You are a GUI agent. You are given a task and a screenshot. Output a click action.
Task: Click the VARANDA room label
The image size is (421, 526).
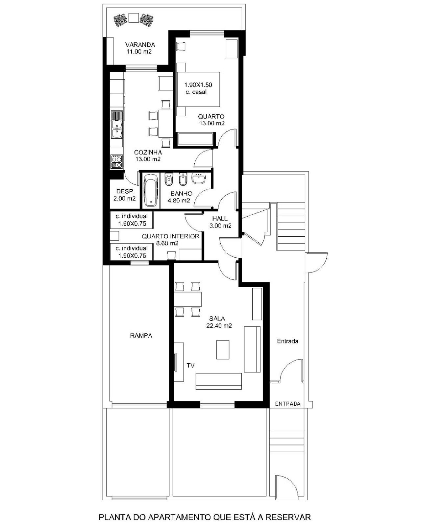pyautogui.click(x=140, y=45)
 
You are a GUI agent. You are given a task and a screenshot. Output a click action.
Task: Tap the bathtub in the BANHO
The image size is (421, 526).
pyautogui.click(x=151, y=190)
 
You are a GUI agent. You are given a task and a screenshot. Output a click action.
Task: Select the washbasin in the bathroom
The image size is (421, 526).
pyautogui.click(x=198, y=179)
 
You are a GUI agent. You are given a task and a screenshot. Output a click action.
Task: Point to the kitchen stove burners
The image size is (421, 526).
pyautogui.click(x=116, y=161)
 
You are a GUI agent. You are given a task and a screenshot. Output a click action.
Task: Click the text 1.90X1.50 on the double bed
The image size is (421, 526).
pyautogui.click(x=198, y=85)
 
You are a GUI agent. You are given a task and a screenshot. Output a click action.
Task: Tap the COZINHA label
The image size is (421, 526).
pyautogui.click(x=148, y=152)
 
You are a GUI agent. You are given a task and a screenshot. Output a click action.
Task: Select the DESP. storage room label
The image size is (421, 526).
pyautogui.click(x=125, y=191)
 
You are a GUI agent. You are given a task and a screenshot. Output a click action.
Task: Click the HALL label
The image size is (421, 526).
pyautogui.click(x=220, y=218)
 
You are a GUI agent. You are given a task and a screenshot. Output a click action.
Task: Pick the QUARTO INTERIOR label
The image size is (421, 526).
pyautogui.click(x=171, y=236)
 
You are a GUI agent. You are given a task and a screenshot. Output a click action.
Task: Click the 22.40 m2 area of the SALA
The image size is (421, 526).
pyautogui.click(x=219, y=325)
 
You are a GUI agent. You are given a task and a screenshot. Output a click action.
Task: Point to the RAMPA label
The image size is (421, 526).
pyautogui.click(x=141, y=336)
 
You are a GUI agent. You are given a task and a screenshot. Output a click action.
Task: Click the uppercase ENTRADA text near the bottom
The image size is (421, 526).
pyautogui.click(x=288, y=404)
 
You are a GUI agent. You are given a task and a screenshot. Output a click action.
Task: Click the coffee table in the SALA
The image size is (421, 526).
pyautogui.click(x=223, y=349)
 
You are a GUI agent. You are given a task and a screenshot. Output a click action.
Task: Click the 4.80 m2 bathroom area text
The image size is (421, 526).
pyautogui.click(x=179, y=201)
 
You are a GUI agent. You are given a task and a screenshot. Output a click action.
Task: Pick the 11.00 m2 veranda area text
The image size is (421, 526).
pyautogui.click(x=139, y=52)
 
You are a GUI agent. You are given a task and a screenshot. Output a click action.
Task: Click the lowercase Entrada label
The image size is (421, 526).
pyautogui.click(x=287, y=341)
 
